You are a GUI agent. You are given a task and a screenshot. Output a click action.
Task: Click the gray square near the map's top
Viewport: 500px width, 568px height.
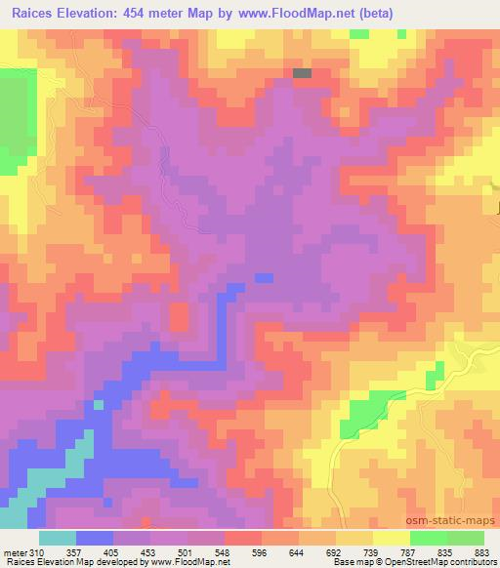(x=303, y=72)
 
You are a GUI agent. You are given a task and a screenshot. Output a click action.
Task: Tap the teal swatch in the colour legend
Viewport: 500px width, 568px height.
(x=58, y=537)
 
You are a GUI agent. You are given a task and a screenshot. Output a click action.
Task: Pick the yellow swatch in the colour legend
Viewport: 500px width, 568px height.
(x=390, y=537)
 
